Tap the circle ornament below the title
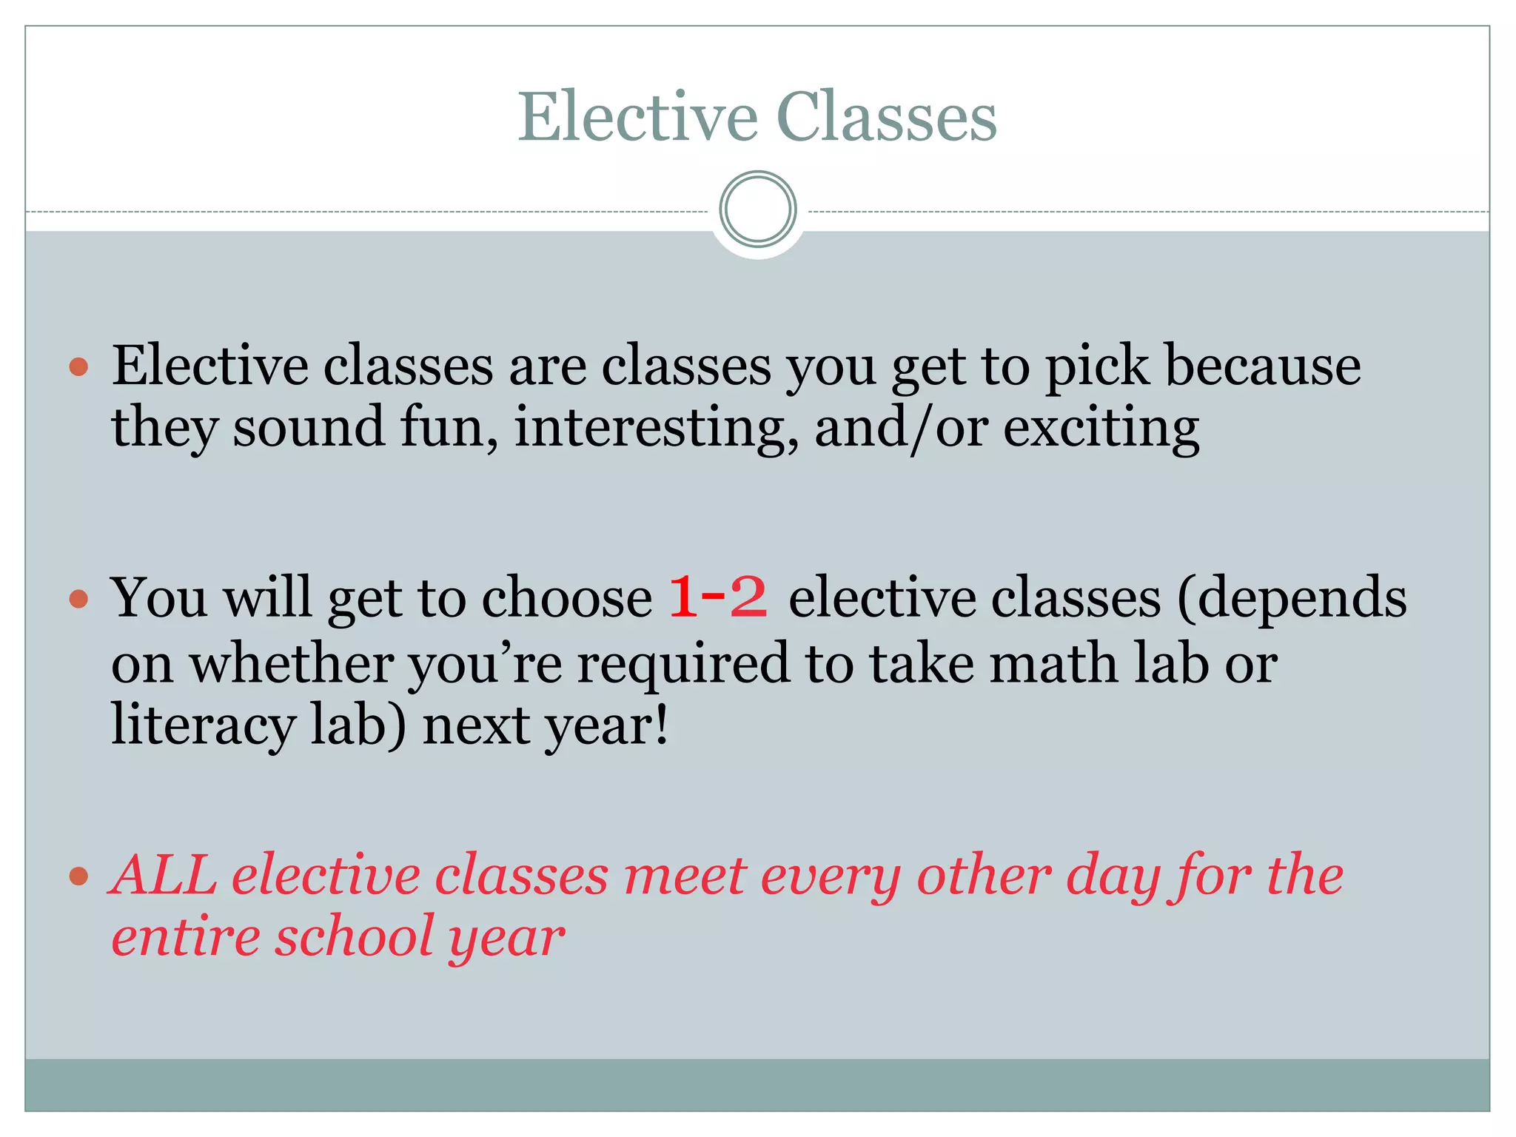tap(757, 209)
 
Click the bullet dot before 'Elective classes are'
tap(78, 366)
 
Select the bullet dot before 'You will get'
tap(78, 598)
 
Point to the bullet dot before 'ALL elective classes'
tap(78, 876)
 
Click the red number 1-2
tap(717, 597)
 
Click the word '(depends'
tap(1291, 598)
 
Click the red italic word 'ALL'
tap(164, 875)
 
